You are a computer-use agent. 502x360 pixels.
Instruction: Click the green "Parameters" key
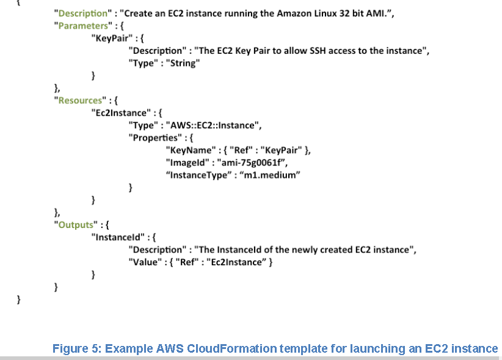80,26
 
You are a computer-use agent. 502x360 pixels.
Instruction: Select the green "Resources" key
78,100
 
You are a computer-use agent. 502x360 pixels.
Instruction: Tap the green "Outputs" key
75,224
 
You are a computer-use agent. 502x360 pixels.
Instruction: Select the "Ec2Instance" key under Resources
119,112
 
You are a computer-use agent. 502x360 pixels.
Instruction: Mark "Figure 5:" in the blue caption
77,348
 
